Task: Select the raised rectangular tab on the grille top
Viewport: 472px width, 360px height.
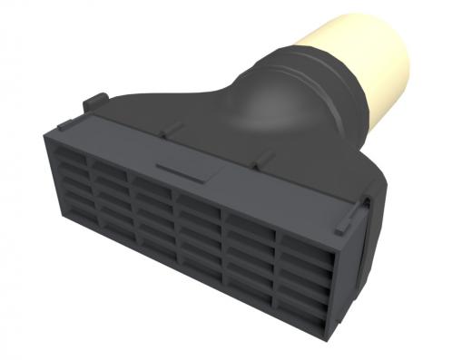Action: [x=179, y=170]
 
